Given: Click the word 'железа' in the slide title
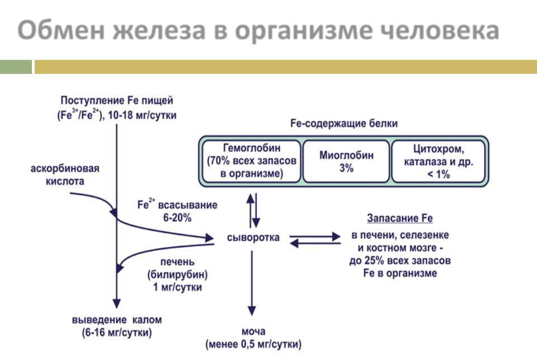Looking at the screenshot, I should pyautogui.click(x=152, y=30).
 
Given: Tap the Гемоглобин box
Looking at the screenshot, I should pyautogui.click(x=251, y=161).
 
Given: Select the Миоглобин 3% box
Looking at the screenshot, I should pyautogui.click(x=346, y=161).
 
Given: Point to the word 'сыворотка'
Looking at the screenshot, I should pyautogui.click(x=253, y=238).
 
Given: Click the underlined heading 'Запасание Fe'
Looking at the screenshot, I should pyautogui.click(x=399, y=218).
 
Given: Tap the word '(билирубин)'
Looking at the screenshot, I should pyautogui.click(x=177, y=275).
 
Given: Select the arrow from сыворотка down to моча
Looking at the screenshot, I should pyautogui.click(x=253, y=283).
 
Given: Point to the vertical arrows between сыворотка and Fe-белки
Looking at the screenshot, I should pyautogui.click(x=253, y=208).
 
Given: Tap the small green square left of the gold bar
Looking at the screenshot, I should pyautogui.click(x=16, y=67).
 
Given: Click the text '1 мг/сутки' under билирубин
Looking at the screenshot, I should pyautogui.click(x=177, y=287).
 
